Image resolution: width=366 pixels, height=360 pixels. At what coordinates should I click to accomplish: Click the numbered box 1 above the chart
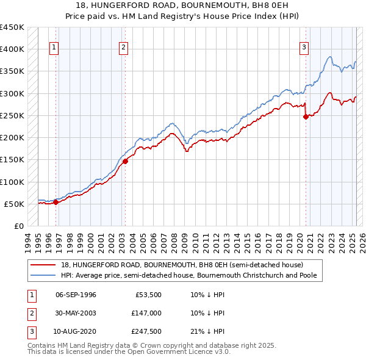[x=54, y=48]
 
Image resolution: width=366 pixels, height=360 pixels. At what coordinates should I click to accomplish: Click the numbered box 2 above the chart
[x=123, y=48]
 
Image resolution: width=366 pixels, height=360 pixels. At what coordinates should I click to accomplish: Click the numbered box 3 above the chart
[x=304, y=48]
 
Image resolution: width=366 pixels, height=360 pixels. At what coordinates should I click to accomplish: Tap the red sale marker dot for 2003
[x=125, y=161]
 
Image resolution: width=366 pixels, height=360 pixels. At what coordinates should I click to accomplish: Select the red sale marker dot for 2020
[x=306, y=117]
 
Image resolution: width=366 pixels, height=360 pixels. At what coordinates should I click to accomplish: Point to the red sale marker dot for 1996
[x=56, y=203]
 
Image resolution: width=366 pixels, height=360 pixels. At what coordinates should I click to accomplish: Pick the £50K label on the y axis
[x=15, y=204]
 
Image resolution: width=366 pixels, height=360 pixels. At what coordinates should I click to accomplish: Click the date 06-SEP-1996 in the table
[x=76, y=295]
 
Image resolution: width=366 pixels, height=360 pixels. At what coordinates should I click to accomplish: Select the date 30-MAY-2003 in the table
[x=76, y=314]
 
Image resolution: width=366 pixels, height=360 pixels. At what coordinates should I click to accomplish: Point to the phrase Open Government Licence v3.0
[x=178, y=352]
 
